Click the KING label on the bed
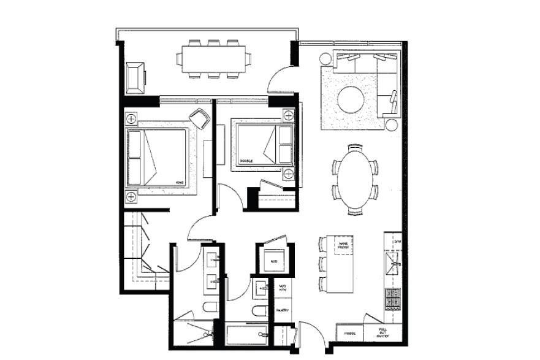tap(179, 183)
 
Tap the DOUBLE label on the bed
tap(246, 161)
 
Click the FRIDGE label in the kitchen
tap(350, 334)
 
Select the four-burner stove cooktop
tap(392, 299)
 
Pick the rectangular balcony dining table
tap(213, 58)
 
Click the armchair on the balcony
tap(136, 75)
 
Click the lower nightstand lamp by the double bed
tap(287, 174)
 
